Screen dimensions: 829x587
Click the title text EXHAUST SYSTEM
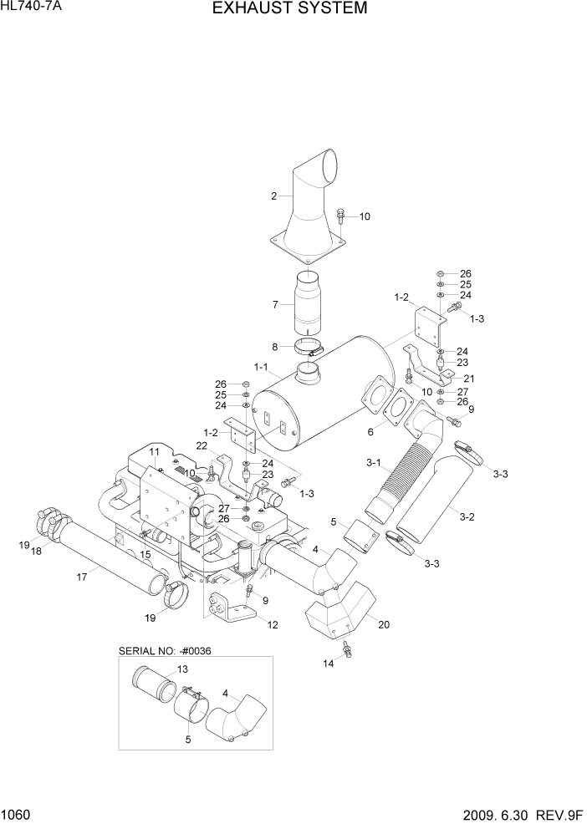[x=289, y=9]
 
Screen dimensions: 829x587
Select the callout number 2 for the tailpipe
[x=273, y=197]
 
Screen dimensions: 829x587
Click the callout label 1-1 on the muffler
[x=260, y=367]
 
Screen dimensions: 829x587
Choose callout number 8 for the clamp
[x=274, y=347]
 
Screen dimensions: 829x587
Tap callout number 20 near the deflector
[x=384, y=623]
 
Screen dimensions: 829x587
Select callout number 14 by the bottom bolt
[x=328, y=663]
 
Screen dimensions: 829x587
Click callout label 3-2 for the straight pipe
[x=467, y=516]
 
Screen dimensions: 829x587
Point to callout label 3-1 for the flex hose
[x=373, y=463]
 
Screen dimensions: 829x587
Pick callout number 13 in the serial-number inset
[x=183, y=669]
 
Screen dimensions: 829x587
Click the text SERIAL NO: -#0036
[x=164, y=649]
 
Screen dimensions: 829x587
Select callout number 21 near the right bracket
[x=469, y=379]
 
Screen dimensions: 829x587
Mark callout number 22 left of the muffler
[x=201, y=445]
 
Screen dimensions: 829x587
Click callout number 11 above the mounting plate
[x=155, y=452]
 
